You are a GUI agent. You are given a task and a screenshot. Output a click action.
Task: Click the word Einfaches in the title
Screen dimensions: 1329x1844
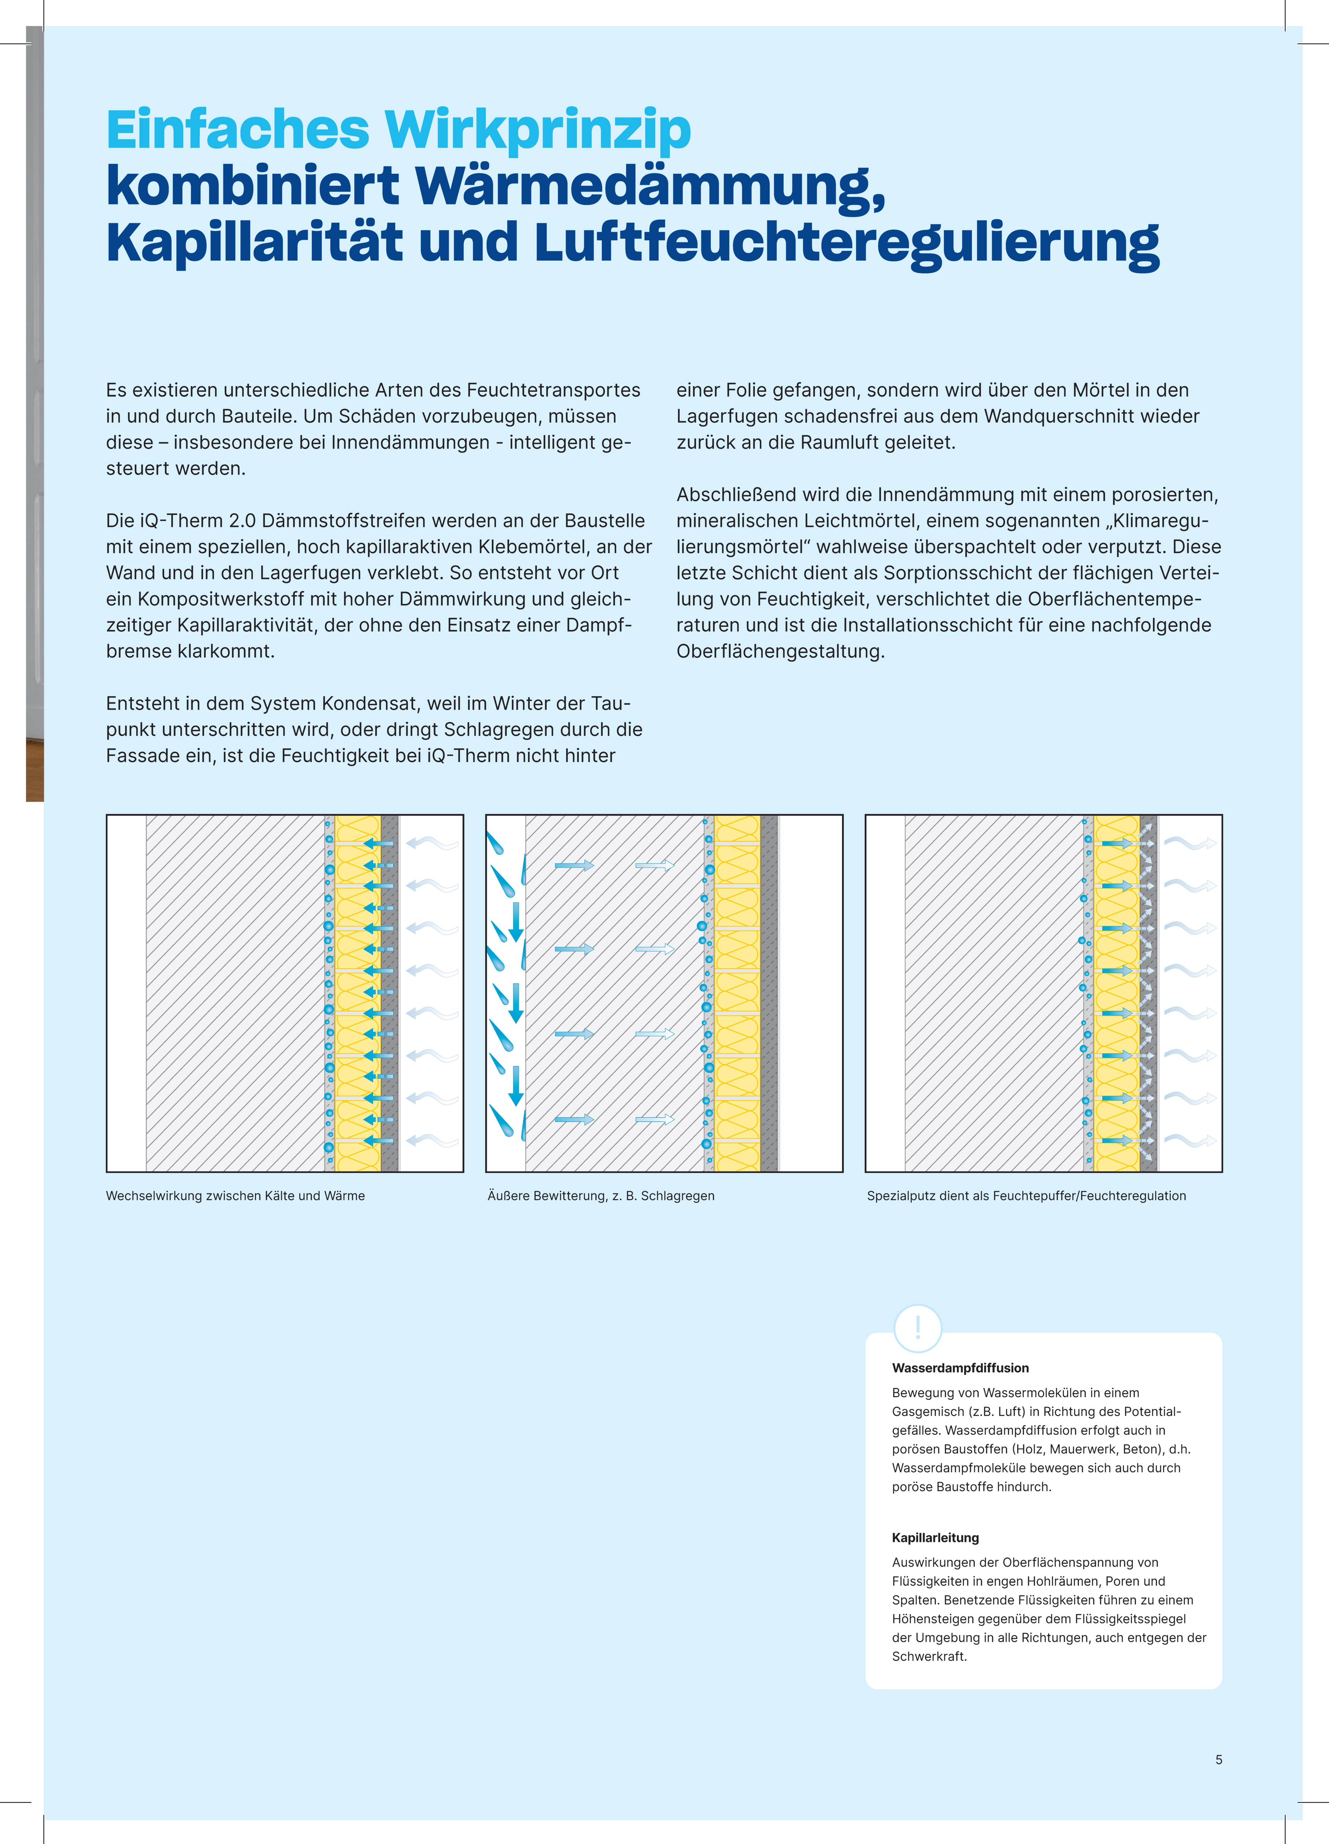[237, 130]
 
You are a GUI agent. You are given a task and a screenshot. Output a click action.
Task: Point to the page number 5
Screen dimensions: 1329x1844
[1219, 1759]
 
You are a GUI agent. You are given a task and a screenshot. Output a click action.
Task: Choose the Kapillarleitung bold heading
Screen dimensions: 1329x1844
[935, 1537]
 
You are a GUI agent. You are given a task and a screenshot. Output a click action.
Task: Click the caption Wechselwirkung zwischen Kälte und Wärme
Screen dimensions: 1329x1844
[235, 1196]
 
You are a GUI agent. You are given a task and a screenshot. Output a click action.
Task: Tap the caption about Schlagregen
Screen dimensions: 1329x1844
[601, 1196]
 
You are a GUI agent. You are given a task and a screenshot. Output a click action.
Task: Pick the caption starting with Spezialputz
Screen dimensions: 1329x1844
[1026, 1196]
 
